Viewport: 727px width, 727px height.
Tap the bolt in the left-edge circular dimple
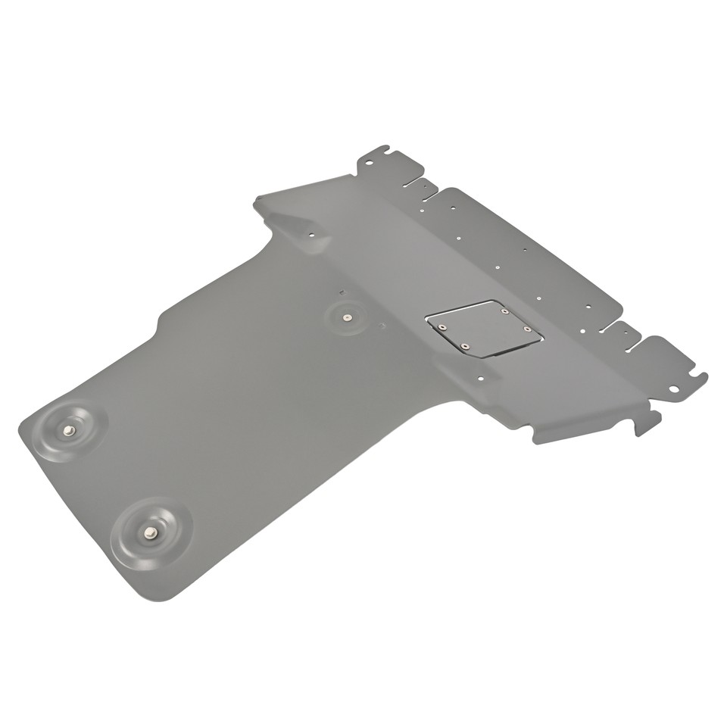69,430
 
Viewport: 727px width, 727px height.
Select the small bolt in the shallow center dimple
346,318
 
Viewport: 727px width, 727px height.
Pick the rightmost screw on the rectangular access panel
527,328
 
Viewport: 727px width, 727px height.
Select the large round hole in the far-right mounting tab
672,388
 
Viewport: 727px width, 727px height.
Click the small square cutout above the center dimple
342,292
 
